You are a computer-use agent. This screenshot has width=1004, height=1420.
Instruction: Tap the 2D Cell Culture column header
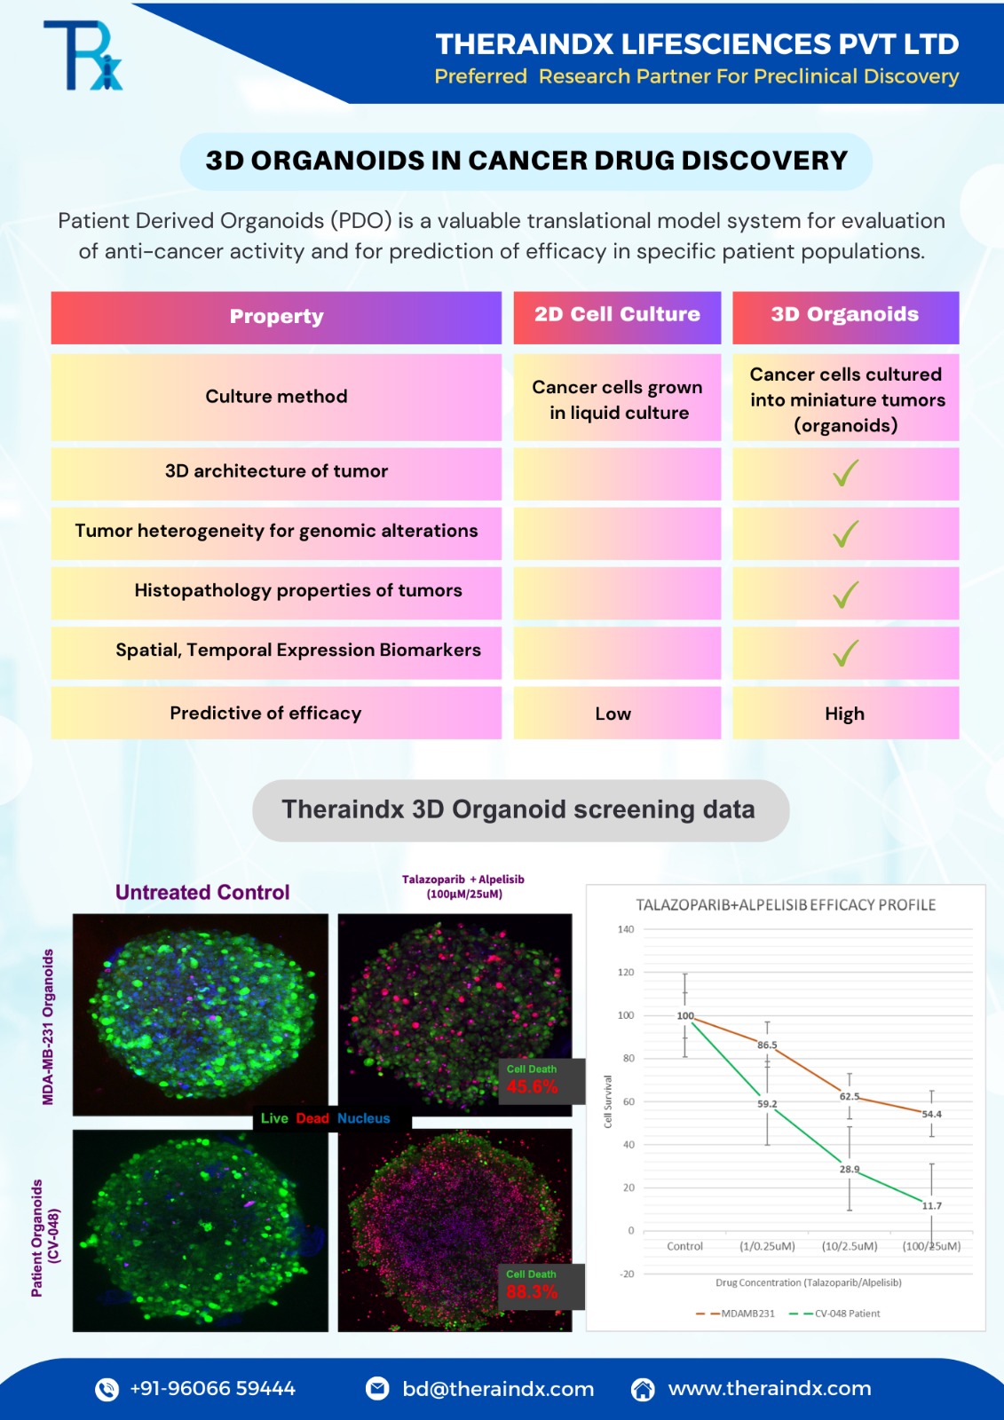[x=617, y=315]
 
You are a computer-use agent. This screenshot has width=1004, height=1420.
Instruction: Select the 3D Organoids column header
[x=845, y=315]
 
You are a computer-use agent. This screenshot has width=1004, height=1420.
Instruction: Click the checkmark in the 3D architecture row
[x=845, y=473]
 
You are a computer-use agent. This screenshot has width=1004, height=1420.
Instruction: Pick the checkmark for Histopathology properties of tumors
[x=845, y=593]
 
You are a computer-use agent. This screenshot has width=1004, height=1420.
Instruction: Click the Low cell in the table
[x=613, y=714]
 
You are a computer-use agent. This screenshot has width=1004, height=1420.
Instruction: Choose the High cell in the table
[x=844, y=714]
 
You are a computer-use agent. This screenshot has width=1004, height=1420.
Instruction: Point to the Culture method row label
[x=276, y=397]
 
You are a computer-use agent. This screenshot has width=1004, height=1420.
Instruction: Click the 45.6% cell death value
[x=532, y=1087]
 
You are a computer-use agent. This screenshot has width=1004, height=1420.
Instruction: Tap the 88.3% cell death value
[x=532, y=1292]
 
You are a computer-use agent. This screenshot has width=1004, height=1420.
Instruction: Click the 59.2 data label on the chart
[x=767, y=1104]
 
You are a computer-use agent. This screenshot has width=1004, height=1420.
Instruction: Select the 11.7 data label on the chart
[x=932, y=1206]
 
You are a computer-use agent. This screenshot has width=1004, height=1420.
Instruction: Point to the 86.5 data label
[x=767, y=1045]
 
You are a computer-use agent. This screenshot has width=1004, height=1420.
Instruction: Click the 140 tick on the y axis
[x=626, y=930]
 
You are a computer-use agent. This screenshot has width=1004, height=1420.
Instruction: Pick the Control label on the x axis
[x=684, y=1247]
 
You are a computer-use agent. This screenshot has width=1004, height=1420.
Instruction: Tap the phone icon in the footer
[x=107, y=1389]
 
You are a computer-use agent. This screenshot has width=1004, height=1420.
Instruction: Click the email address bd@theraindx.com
[x=498, y=1389]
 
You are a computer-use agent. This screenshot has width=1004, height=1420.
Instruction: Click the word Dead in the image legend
[x=312, y=1118]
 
